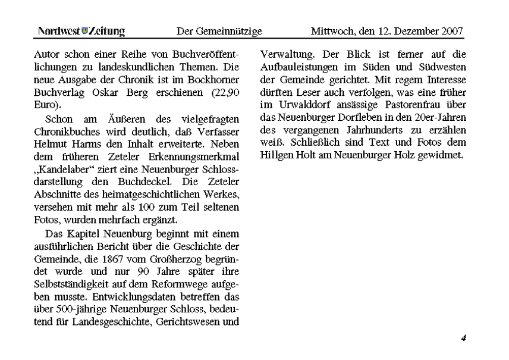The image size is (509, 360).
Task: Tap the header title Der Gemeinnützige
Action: pos(219,31)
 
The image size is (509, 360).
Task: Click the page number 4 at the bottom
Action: pos(463,339)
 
